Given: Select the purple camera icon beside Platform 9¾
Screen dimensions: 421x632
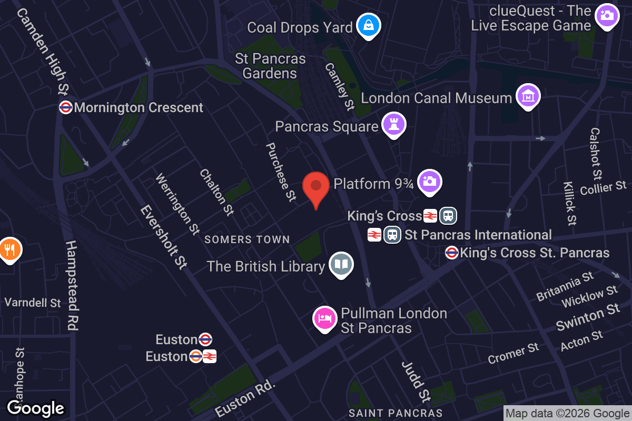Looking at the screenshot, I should (x=429, y=182).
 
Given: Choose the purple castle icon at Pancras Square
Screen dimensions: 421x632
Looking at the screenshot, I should (x=393, y=125).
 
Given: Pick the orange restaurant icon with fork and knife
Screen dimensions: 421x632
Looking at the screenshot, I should (x=9, y=248).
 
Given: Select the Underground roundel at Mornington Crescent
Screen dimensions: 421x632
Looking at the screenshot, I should (x=66, y=107).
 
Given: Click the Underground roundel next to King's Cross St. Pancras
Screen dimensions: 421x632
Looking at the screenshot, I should (x=452, y=253).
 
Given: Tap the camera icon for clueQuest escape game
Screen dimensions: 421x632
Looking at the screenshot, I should (x=607, y=15).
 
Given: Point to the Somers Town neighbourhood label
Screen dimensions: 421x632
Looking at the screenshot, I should (x=247, y=239).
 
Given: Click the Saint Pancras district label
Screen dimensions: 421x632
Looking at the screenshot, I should (x=396, y=413).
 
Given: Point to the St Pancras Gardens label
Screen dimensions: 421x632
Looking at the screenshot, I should (x=270, y=66).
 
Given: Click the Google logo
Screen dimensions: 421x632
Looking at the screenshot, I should (x=36, y=408).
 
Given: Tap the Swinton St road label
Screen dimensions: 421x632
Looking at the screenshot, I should (x=588, y=317).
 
